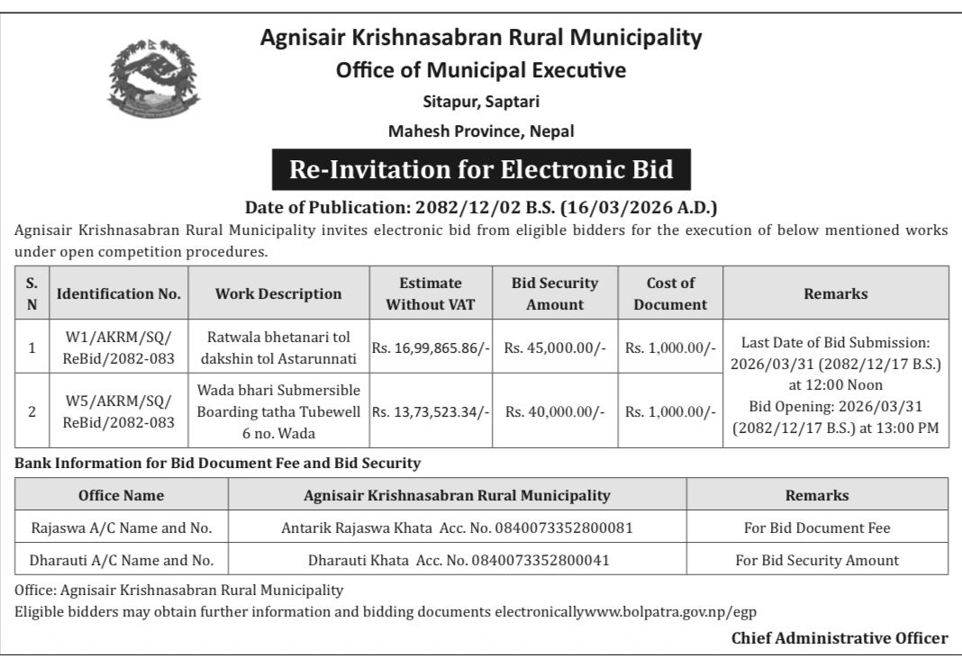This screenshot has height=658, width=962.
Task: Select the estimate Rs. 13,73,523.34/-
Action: pos(431,411)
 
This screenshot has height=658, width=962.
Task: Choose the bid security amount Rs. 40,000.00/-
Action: pos(555,411)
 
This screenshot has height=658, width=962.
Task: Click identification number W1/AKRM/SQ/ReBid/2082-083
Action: pos(119,347)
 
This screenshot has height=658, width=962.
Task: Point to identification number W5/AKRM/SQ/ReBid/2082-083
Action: pos(119,411)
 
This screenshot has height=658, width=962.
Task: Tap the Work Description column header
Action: pos(278,293)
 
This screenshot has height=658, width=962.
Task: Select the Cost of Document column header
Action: pos(670,293)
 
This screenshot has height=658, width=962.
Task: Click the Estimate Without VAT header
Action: pos(431,293)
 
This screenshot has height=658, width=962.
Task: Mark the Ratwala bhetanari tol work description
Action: pos(278,347)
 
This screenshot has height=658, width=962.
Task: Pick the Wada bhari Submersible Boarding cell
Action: pos(278,411)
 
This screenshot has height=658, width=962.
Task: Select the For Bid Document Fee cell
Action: pos(816,527)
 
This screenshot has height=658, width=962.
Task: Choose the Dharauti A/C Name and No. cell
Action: pos(122,560)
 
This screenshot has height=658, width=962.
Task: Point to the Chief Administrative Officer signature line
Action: pos(839,638)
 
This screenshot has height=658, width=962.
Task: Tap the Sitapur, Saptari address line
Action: pos(481,101)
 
